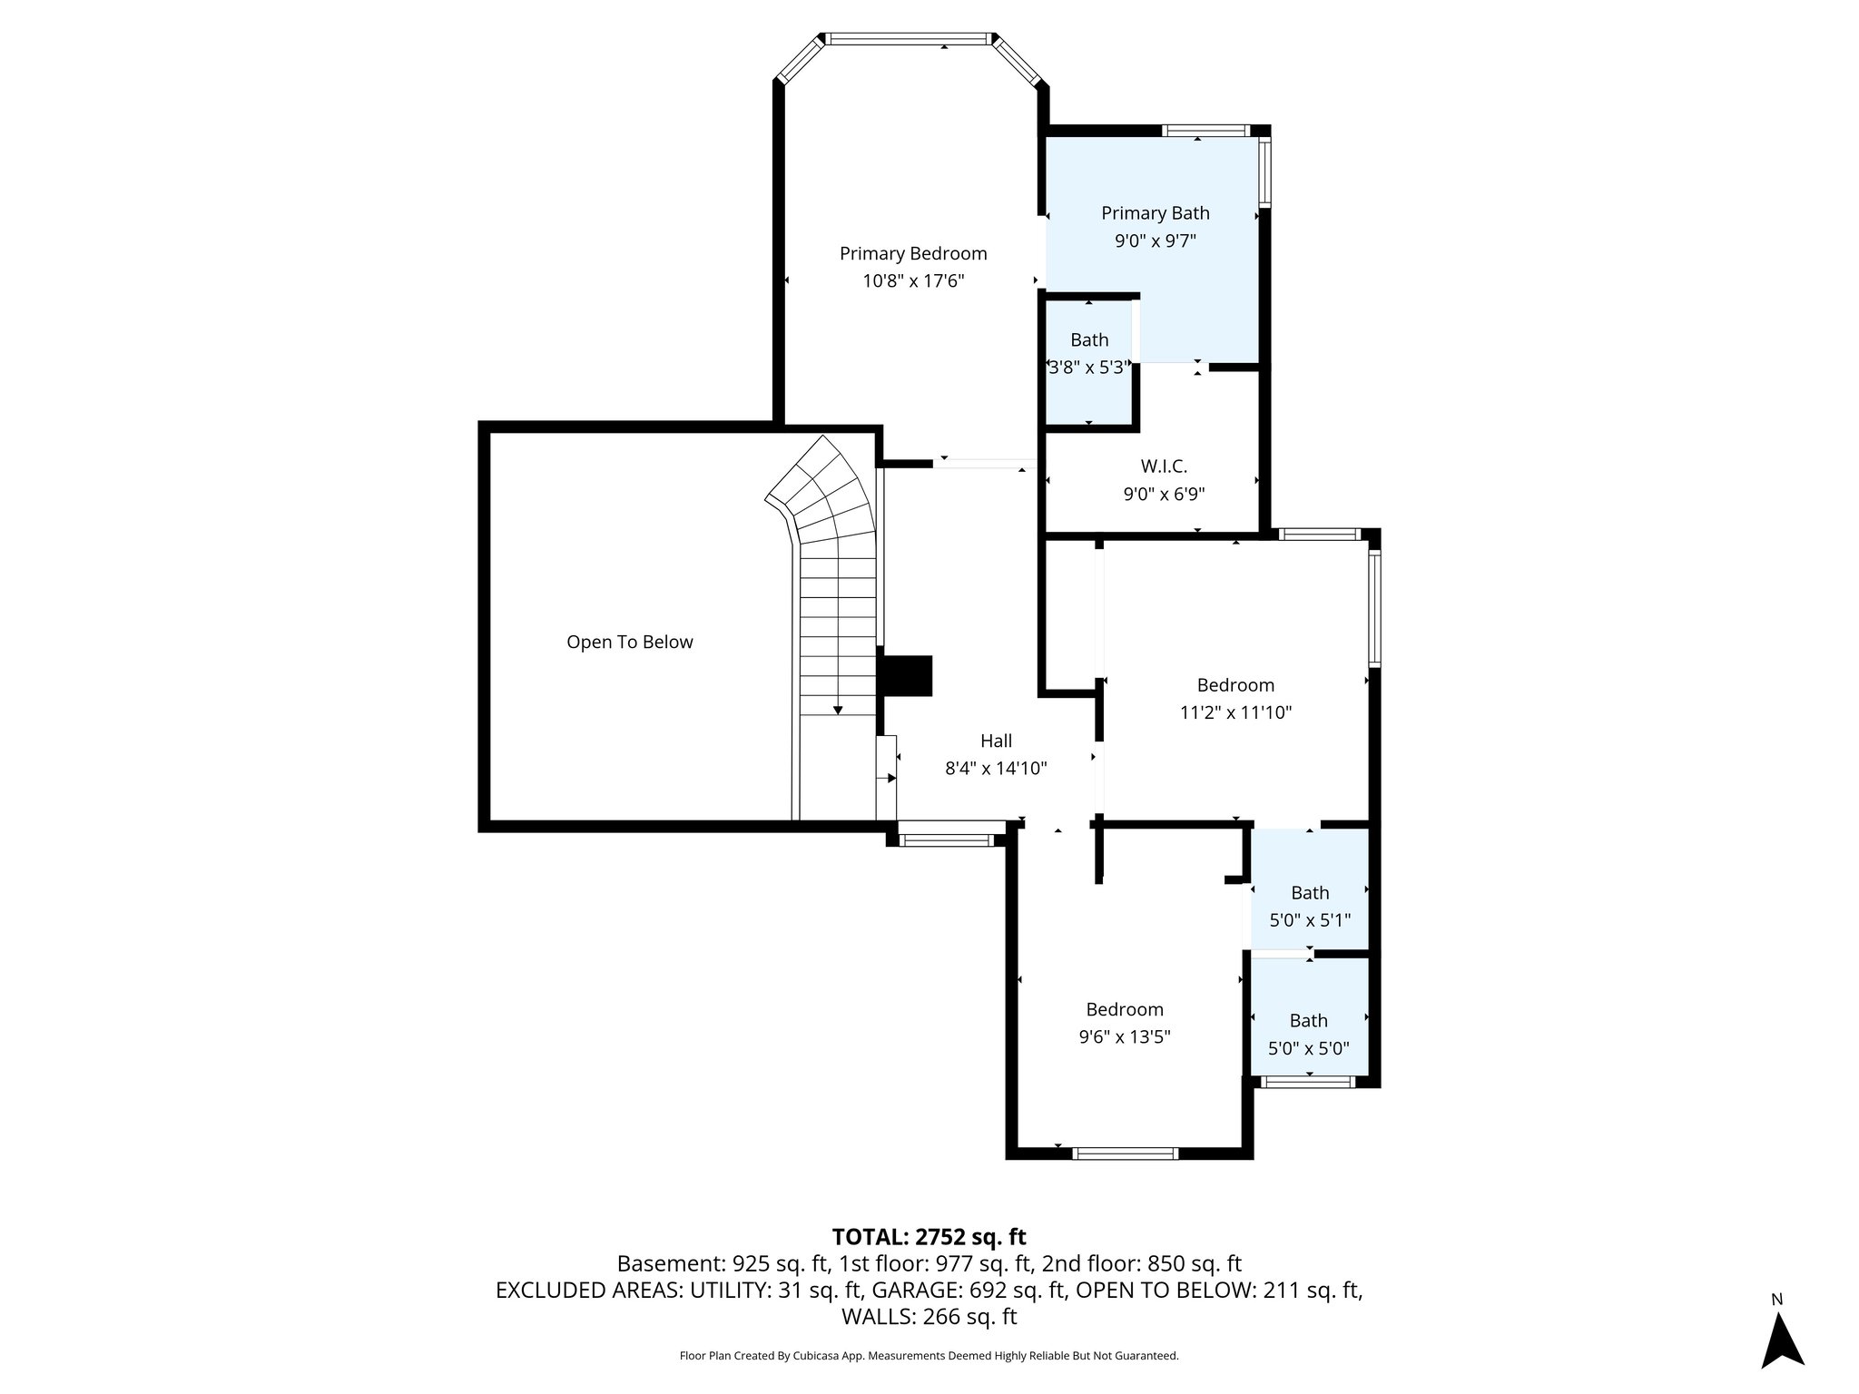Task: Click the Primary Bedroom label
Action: (x=912, y=253)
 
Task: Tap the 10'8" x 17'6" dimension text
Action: (x=912, y=281)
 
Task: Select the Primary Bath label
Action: (x=1155, y=213)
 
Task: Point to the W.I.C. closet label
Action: (x=1164, y=466)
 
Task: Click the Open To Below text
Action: (x=629, y=642)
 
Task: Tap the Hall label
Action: (x=996, y=741)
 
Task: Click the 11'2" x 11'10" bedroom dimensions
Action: (x=1235, y=713)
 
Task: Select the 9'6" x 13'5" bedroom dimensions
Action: (x=1124, y=1037)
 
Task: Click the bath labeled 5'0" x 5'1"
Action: (x=1309, y=906)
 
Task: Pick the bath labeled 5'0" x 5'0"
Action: (x=1308, y=1034)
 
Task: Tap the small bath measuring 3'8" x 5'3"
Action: (x=1088, y=354)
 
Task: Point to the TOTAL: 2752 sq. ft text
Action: (x=929, y=1236)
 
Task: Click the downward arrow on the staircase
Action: (x=837, y=709)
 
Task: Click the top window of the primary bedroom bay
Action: (x=909, y=39)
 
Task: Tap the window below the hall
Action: (x=947, y=840)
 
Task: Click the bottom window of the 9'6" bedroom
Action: (x=1125, y=1153)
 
